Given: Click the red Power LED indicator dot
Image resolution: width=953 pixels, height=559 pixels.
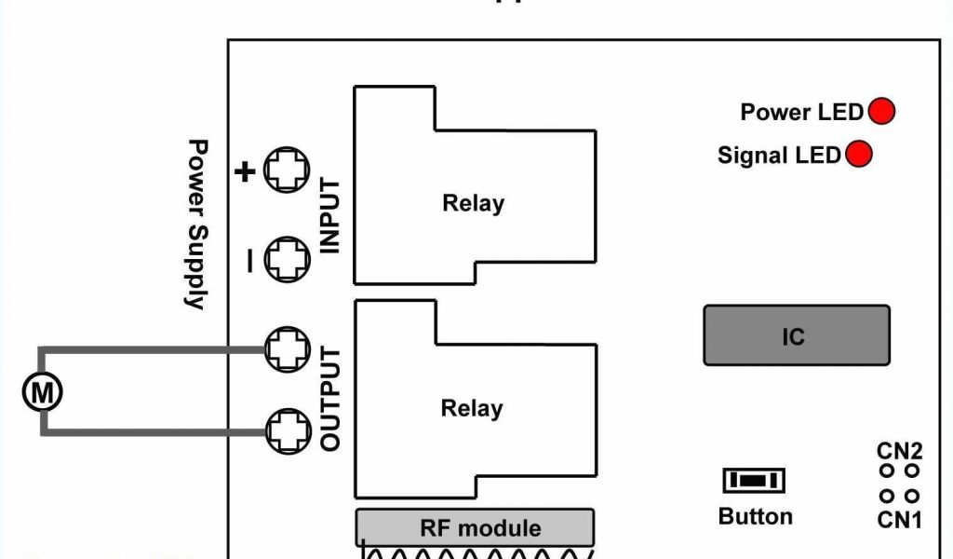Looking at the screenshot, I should (880, 112).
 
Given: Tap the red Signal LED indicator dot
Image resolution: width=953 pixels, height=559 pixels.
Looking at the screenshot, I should (859, 154).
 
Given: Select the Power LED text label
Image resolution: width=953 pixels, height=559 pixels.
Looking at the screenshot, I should (801, 113).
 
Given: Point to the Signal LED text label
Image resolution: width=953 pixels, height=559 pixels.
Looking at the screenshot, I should (779, 155).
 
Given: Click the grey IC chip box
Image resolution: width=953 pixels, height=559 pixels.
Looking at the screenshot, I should (796, 335).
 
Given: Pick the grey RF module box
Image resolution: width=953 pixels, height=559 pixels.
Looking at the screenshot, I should (475, 527).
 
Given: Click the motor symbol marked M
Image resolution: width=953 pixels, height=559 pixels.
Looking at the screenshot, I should (42, 392).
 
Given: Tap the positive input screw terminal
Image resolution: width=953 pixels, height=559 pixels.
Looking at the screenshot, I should (286, 170).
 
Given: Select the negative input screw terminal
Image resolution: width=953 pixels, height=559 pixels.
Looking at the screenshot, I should (286, 260).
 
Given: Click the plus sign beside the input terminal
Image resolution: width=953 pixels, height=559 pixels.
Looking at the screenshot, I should (245, 171).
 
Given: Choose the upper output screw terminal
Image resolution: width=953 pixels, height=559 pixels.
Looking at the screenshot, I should (286, 348).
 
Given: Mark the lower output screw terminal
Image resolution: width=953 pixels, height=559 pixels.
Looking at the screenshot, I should (286, 430).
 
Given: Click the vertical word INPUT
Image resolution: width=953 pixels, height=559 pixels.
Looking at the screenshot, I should (330, 216).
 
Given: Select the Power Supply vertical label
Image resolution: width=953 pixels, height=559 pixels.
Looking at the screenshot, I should (196, 224).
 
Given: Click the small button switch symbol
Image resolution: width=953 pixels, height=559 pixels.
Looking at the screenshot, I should (754, 481).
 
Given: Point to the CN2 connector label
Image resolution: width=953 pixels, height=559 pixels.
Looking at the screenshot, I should (900, 452).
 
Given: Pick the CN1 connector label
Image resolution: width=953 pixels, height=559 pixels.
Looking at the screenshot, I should (900, 519).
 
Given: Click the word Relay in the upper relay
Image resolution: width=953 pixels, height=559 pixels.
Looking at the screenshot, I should (473, 203).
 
